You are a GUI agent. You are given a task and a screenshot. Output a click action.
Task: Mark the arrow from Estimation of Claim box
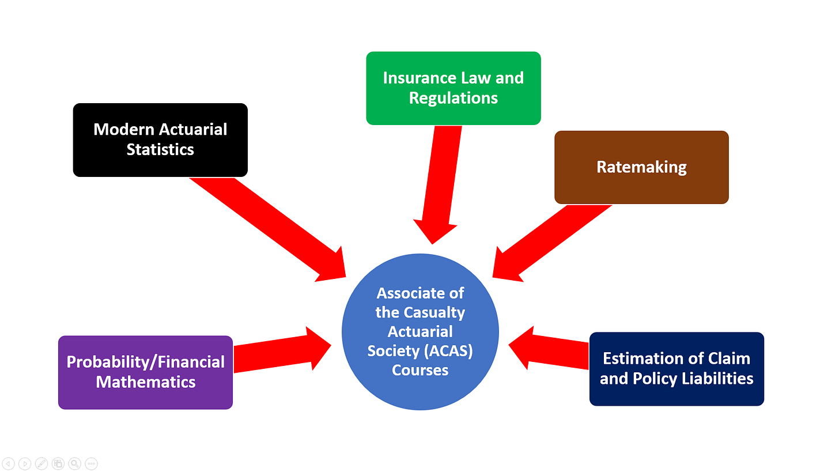coord(553,349)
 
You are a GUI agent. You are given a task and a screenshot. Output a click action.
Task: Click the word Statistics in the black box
coord(160,149)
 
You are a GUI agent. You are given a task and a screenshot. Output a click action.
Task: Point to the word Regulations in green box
coord(453,97)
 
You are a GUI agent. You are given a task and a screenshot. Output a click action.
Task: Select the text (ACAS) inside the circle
coord(450,350)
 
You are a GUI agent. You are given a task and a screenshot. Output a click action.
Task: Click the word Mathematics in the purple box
coord(145,382)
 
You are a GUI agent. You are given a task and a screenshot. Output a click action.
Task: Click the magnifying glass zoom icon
coord(74,463)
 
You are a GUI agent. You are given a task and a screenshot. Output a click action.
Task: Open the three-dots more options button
coord(91,463)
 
